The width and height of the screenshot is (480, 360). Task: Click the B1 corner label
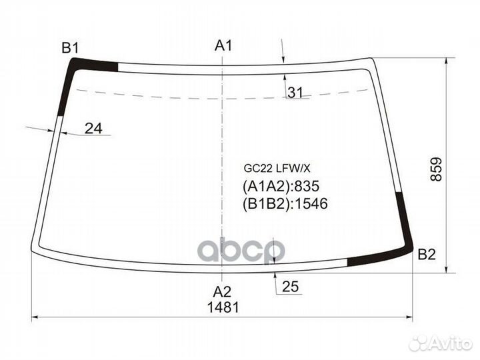coord(70,48)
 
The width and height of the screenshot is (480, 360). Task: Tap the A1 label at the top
coord(223,45)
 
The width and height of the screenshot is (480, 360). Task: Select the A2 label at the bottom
coord(222,292)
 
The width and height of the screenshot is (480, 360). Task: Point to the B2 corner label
coord(427,255)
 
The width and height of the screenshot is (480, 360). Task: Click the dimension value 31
coord(295,93)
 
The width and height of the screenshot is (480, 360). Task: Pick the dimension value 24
coord(93,128)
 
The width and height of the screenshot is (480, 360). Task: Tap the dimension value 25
coord(290,287)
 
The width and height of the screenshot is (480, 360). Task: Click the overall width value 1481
coord(223,307)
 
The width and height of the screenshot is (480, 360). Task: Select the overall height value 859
coord(436,169)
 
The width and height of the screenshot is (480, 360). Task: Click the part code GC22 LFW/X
coord(277,168)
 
